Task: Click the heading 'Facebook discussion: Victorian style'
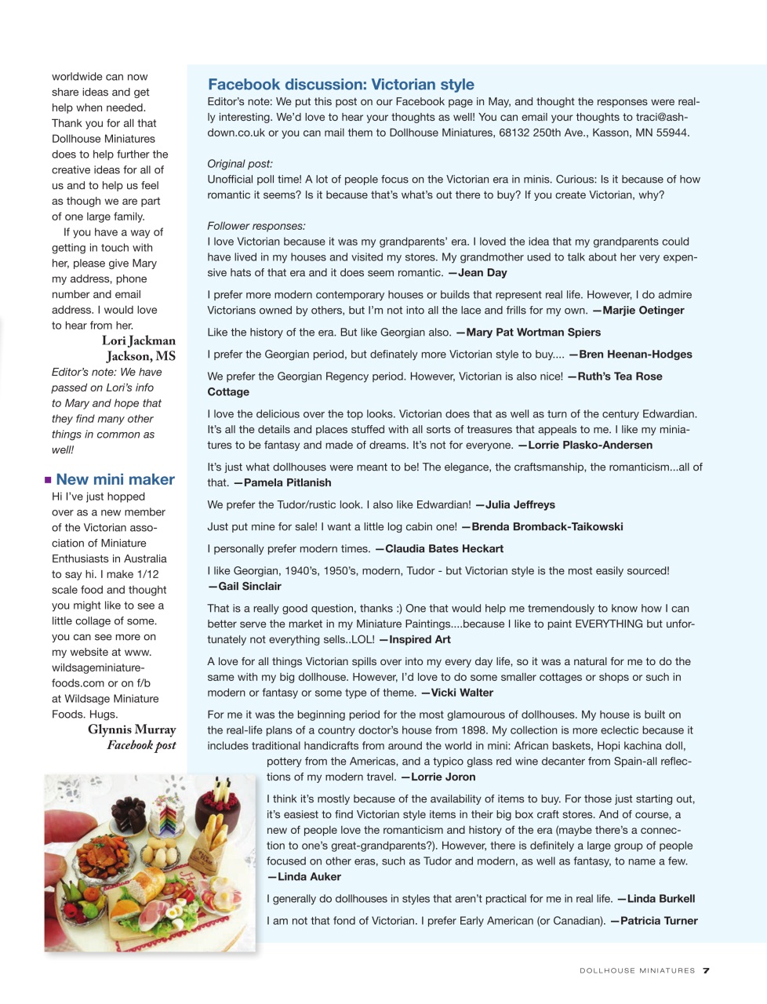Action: pyautogui.click(x=340, y=85)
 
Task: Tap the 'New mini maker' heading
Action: pyautogui.click(x=115, y=479)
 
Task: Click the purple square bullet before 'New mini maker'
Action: pyautogui.click(x=49, y=480)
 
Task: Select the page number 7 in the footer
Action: pyautogui.click(x=706, y=970)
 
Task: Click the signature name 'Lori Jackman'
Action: pyautogui.click(x=138, y=340)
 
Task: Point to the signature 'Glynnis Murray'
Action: pyautogui.click(x=132, y=729)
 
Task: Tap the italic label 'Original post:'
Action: pyautogui.click(x=240, y=164)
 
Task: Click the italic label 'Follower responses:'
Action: pyautogui.click(x=256, y=226)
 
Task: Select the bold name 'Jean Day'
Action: pyautogui.click(x=482, y=273)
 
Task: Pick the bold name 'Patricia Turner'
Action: pyautogui.click(x=659, y=921)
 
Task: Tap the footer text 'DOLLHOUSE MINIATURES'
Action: pyautogui.click(x=637, y=971)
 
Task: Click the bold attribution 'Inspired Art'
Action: pyautogui.click(x=420, y=640)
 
